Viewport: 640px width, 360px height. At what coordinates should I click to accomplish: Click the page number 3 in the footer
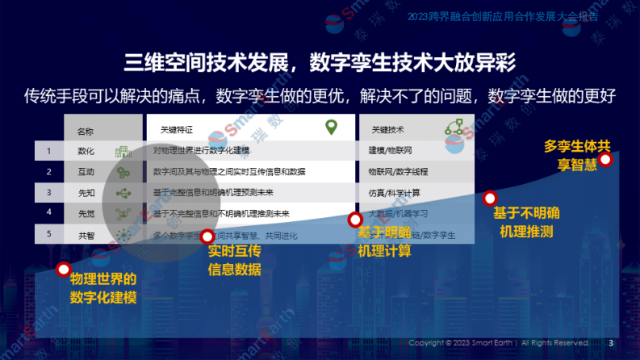[x=611, y=343]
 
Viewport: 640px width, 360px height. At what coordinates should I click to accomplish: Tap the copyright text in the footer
[x=498, y=343]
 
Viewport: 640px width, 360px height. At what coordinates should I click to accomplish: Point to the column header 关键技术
[x=388, y=129]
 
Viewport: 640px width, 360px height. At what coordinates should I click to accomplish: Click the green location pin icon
[x=331, y=128]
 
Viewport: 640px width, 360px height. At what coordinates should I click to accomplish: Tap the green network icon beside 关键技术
[x=454, y=128]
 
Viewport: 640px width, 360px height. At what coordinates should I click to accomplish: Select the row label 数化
[x=86, y=151]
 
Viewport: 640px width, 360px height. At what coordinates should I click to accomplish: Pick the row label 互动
[x=86, y=172]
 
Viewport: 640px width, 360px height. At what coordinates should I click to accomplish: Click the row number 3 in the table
[x=49, y=193]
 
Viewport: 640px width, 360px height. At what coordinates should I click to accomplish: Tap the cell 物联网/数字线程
[x=398, y=172]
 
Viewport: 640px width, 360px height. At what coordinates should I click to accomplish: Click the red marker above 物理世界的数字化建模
[x=64, y=270]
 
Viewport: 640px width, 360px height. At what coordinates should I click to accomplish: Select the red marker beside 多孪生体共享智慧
[x=606, y=159]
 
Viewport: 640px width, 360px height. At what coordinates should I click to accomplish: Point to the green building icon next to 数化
[x=123, y=151]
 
